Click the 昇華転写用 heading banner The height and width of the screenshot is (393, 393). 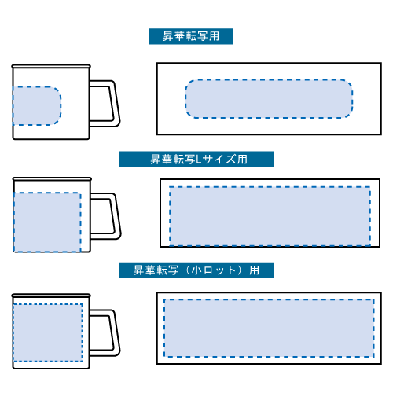[191, 36]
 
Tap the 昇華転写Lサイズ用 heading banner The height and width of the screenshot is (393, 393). [196, 159]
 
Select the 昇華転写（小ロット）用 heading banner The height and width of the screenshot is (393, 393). [196, 270]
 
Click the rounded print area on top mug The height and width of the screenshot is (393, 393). [37, 105]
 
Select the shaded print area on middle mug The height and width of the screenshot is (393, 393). [47, 222]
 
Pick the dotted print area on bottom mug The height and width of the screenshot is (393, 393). [48, 332]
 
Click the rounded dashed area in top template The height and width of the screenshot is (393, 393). [269, 98]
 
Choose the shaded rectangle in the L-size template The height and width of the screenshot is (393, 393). [270, 216]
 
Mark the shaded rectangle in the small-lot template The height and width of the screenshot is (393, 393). [269, 328]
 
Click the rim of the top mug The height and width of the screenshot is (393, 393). [51, 66]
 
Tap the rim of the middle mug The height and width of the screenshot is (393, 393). [52, 179]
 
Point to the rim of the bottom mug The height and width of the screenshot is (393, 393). [51, 296]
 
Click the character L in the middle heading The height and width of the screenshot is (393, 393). [199, 159]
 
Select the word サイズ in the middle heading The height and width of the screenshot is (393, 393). [219, 159]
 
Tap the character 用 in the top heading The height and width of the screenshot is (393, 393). [215, 36]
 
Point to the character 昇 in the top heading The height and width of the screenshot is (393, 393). [168, 36]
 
